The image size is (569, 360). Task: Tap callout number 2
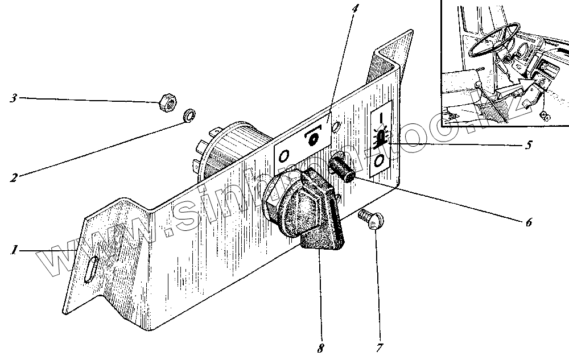(12, 177)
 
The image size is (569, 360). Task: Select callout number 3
(12, 98)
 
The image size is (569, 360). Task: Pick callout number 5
(529, 145)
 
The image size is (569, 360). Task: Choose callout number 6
(528, 222)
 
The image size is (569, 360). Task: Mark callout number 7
(378, 346)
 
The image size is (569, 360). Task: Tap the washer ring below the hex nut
(189, 117)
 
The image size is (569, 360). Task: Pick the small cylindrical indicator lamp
(341, 169)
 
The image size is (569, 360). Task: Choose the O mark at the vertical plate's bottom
(379, 164)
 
